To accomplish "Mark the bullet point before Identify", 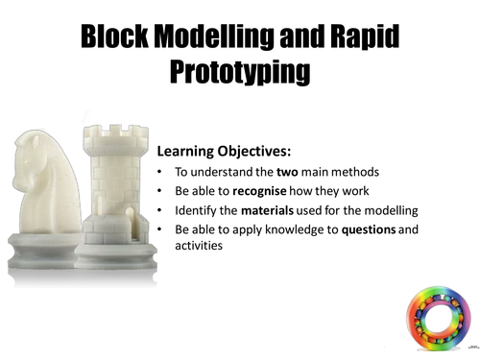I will pyautogui.click(x=159, y=210).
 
